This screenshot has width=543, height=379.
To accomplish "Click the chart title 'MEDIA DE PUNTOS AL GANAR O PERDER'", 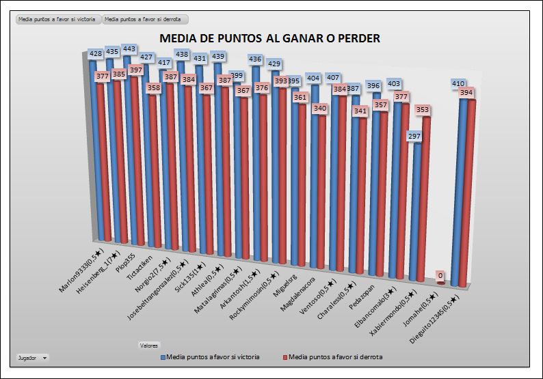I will pos(269,38).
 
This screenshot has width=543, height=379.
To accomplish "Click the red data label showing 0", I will pos(441,276).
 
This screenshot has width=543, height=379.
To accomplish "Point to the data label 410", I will pos(458,83).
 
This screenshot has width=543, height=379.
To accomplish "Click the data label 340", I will pos(319,108).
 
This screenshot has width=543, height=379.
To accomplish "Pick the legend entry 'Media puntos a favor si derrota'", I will pos(335,356).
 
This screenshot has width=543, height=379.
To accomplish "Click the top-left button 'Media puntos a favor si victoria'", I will pos(57,20).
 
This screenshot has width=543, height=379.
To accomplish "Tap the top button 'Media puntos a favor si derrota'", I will pos(144,20).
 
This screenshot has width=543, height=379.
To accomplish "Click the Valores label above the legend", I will pos(148,344).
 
